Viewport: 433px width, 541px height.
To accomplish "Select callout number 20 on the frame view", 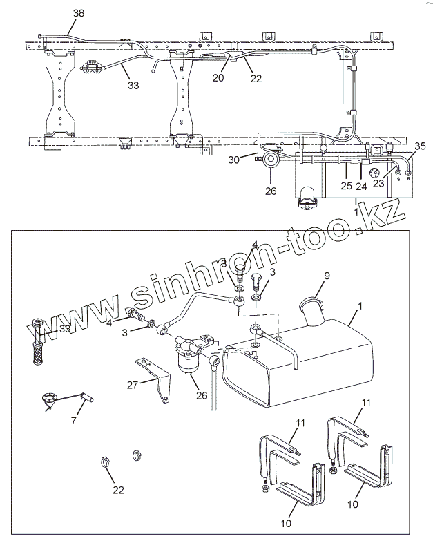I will (x=218, y=78).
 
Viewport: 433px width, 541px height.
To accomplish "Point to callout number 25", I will (x=346, y=185).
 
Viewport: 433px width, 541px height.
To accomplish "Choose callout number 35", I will (x=420, y=146).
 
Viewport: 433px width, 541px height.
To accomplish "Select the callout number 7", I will (x=74, y=421).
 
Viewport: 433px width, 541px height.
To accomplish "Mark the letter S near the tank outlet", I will (x=398, y=177).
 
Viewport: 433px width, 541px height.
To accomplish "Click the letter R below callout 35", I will (x=409, y=177).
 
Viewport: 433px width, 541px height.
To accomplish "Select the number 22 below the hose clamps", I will (x=119, y=490).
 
